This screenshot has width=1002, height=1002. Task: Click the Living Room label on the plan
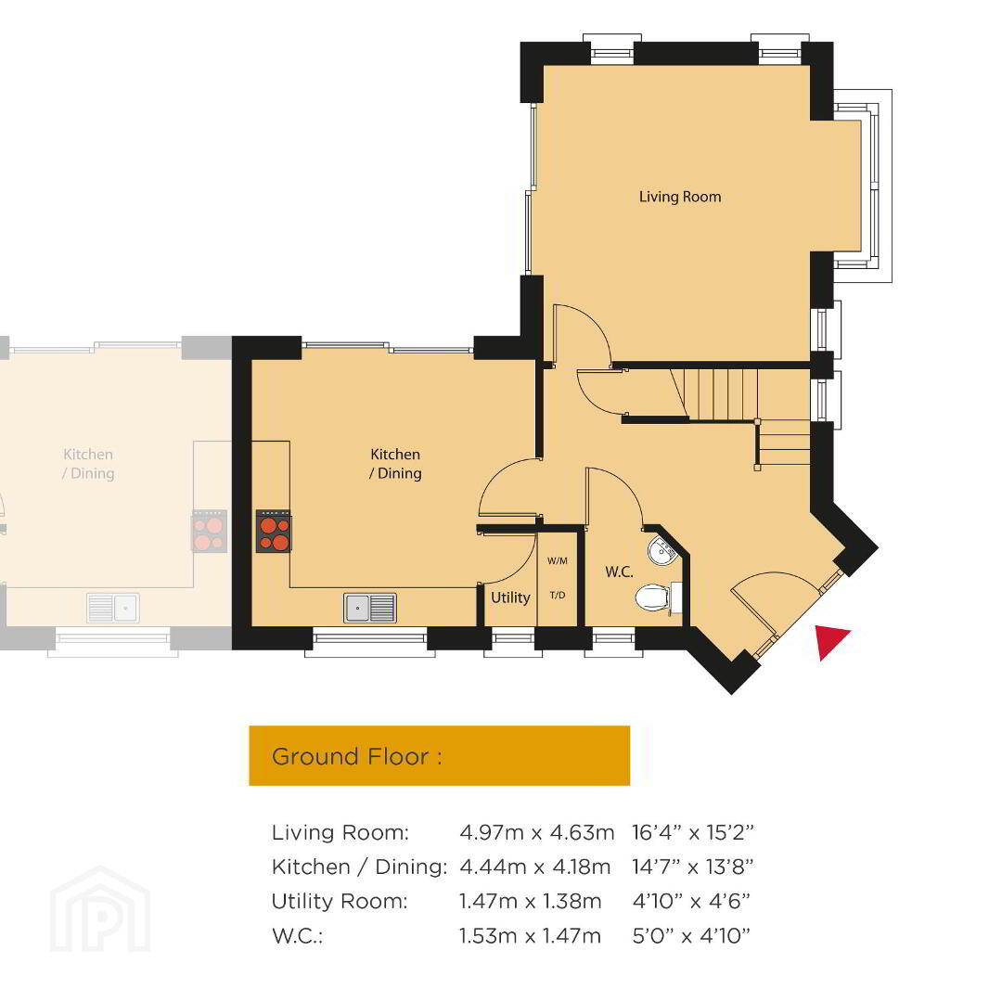680,197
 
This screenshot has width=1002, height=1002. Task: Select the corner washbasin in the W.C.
662,550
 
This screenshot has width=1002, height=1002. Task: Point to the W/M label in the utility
558,561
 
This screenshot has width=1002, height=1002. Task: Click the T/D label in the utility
558,595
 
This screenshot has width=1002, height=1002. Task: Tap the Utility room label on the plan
510,598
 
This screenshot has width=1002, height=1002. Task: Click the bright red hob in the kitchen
274,531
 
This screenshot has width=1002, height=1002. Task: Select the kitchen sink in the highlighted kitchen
370,608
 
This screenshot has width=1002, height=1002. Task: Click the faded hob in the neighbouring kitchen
209,531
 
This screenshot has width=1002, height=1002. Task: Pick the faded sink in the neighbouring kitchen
113,608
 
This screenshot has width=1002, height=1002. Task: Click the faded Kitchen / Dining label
88,464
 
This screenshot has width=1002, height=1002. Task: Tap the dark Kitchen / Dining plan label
395,464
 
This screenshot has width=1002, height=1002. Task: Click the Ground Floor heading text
356,757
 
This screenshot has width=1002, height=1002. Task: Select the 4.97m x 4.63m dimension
537,832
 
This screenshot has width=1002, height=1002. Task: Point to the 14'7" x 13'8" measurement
693,867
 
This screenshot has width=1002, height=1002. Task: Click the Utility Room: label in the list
340,902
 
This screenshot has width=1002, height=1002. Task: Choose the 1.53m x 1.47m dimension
531,936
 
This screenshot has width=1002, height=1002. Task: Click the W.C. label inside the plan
619,572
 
